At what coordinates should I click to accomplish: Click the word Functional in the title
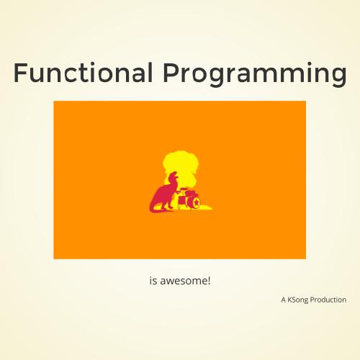[83, 73]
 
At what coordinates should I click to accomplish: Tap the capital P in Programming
[170, 73]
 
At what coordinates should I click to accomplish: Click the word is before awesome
[153, 280]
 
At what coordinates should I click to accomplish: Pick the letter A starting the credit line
[284, 300]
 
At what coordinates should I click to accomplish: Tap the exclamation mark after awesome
[209, 280]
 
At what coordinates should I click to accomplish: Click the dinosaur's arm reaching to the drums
[179, 192]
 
